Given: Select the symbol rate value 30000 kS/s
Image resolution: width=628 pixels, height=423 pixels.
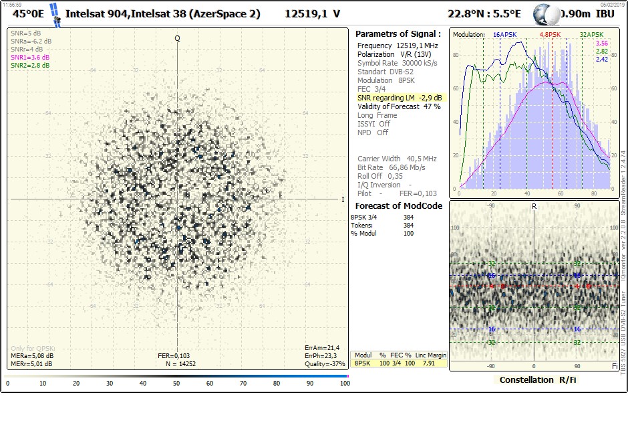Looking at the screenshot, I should click(x=420, y=63).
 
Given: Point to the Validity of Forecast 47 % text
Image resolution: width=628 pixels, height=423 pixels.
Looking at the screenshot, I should click(x=399, y=106).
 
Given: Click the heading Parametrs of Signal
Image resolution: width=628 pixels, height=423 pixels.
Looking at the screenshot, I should click(x=398, y=33).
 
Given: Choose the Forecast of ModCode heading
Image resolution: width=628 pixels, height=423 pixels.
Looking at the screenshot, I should click(x=398, y=205).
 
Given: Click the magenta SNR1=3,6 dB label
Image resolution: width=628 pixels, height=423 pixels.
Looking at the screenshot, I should click(x=27, y=58).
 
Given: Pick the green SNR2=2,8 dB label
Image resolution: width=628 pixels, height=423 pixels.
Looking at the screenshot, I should click(x=27, y=65).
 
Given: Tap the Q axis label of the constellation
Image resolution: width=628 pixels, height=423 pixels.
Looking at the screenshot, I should click(x=178, y=38).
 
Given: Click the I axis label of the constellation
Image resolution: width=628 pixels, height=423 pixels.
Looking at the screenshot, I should click(x=343, y=199).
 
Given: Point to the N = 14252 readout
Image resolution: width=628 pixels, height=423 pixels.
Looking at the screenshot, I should click(x=180, y=364).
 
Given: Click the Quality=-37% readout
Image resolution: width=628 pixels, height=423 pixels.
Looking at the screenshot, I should click(x=325, y=364).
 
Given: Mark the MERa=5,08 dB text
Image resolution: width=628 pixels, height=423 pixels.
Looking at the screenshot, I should click(x=32, y=356).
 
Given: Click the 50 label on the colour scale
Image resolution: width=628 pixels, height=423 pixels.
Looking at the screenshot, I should click(x=176, y=384).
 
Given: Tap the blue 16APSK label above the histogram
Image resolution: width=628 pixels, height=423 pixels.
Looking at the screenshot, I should click(x=505, y=34).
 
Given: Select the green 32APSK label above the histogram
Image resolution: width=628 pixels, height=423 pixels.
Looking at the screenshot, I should click(x=592, y=34).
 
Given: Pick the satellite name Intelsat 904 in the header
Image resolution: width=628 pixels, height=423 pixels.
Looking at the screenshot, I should click(x=97, y=13).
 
